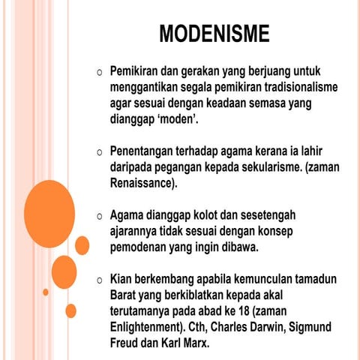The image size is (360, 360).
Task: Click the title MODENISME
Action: (x=214, y=34)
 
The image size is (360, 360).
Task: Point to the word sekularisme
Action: (x=265, y=166)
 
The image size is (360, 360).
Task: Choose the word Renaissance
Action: (x=142, y=181)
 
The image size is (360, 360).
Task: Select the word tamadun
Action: (x=311, y=277)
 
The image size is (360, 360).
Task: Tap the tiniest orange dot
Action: (x=46, y=292)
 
